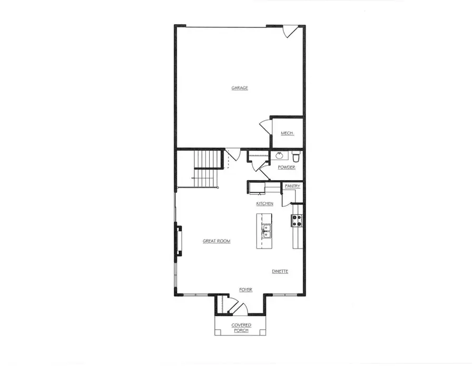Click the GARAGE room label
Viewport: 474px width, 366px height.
pos(240,88)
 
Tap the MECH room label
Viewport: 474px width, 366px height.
pos(287,133)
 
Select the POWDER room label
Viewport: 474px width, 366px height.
pos(287,167)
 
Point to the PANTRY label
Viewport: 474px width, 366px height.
pos(292,186)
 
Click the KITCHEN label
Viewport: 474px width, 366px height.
pos(264,203)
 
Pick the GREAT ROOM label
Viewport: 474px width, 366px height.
pos(216,241)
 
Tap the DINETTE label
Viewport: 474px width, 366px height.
pos(280,272)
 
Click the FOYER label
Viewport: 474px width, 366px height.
pos(245,290)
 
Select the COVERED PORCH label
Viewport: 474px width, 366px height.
pos(242,328)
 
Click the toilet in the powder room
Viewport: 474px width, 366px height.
pos(296,156)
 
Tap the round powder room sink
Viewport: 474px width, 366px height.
pos(279,156)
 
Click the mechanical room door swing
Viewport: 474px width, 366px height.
pos(264,128)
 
